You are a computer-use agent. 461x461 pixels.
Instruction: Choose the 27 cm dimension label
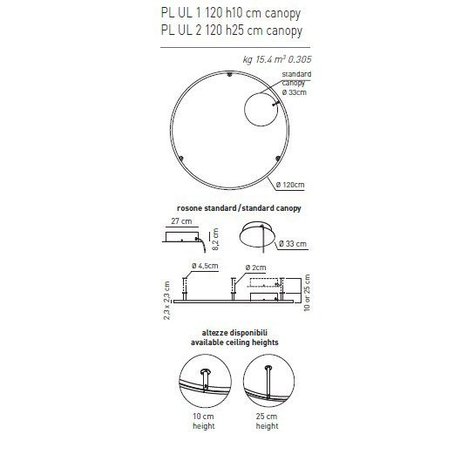pyautogui.click(x=180, y=223)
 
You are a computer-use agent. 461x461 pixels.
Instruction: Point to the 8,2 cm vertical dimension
pyautogui.click(x=220, y=235)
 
